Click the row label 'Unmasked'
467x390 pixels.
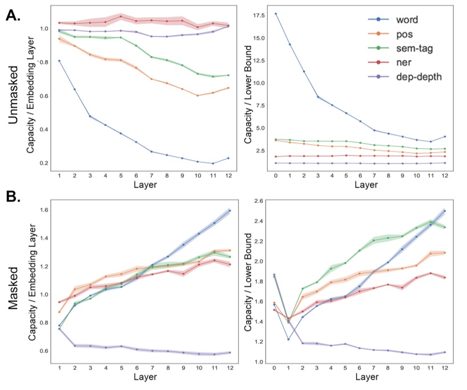16,93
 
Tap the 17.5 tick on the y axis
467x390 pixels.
260,15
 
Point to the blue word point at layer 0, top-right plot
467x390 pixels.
275,14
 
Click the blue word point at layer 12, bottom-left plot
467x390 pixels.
229,211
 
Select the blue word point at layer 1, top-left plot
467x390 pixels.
59,61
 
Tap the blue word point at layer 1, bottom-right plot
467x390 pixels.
289,339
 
